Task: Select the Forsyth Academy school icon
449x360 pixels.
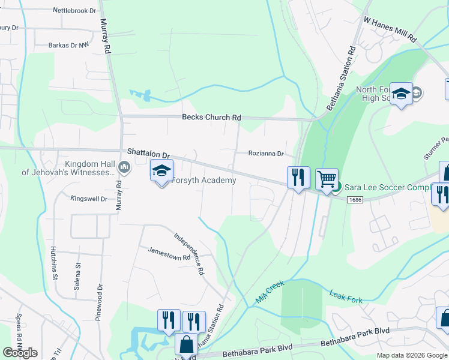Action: click(x=161, y=171)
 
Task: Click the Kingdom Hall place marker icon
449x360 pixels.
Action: click(x=124, y=166)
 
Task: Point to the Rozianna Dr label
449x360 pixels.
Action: click(x=266, y=154)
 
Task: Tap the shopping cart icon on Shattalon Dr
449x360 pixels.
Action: click(x=327, y=178)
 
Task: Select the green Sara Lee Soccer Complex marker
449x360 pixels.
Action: click(x=337, y=187)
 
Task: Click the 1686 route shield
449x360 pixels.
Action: click(x=355, y=199)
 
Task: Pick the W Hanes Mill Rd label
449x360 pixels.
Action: click(x=390, y=29)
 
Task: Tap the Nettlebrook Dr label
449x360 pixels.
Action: click(x=74, y=11)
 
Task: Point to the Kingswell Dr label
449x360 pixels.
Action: click(x=88, y=199)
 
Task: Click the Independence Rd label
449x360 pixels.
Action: click(x=188, y=254)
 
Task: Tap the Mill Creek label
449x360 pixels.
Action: click(x=270, y=290)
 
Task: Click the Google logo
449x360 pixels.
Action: click(x=20, y=353)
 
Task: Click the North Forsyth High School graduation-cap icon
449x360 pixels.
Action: click(x=402, y=94)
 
